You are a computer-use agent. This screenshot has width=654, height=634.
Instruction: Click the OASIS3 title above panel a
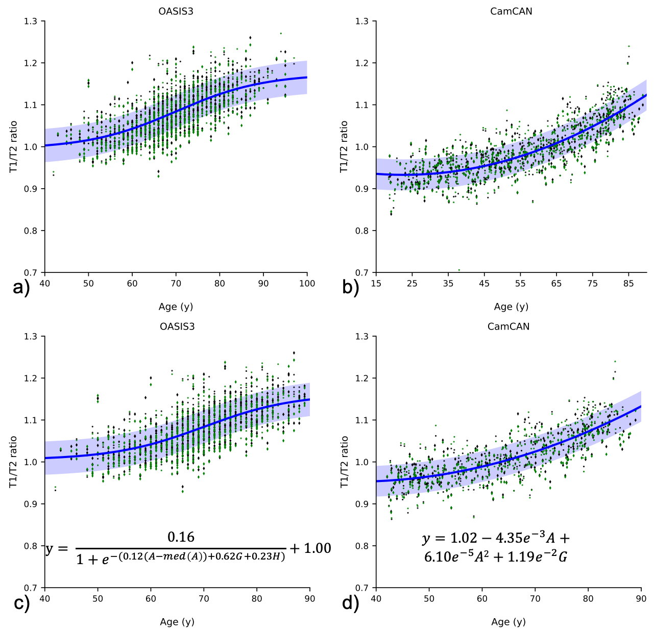click(x=176, y=11)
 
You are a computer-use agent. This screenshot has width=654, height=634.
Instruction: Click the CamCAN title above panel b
click(x=511, y=11)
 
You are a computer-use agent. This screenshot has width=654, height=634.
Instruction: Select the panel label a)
click(x=21, y=288)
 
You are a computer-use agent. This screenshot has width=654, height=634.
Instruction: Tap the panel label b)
click(x=351, y=288)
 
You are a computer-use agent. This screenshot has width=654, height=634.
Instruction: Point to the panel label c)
click(x=21, y=603)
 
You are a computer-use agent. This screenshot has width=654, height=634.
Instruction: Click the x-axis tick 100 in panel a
click(x=307, y=283)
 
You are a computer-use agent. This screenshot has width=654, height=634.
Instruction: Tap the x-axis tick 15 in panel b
click(x=376, y=283)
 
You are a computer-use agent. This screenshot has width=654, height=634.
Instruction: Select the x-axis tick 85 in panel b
click(x=628, y=283)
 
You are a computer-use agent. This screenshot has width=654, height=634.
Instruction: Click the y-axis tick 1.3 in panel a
click(x=31, y=21)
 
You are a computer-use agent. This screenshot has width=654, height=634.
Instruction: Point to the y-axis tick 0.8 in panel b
click(x=362, y=231)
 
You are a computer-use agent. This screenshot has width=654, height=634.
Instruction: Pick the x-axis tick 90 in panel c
click(x=309, y=598)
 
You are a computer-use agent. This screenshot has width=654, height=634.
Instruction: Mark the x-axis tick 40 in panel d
click(x=376, y=598)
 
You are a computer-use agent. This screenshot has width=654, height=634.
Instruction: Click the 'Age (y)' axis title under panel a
click(x=176, y=307)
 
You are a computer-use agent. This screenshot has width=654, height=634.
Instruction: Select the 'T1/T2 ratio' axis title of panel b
click(x=344, y=146)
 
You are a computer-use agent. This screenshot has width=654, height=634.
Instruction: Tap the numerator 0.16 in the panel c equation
click(x=181, y=537)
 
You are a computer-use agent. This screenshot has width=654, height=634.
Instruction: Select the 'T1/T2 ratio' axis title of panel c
click(x=13, y=462)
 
